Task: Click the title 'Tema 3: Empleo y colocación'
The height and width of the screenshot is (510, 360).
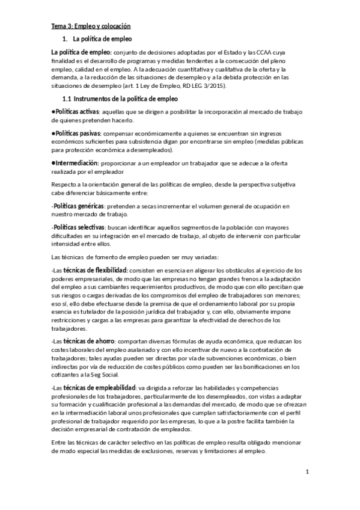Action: tap(90, 26)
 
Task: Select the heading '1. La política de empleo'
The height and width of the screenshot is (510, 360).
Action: tap(97, 39)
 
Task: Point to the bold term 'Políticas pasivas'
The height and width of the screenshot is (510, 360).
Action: tap(76, 132)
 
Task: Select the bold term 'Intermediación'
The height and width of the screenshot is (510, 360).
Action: tap(75, 163)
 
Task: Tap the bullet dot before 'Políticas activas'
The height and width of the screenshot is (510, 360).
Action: tap(53, 112)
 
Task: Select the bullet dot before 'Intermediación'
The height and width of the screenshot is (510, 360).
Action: tap(53, 163)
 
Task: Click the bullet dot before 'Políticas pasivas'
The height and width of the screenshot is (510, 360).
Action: tap(53, 132)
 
